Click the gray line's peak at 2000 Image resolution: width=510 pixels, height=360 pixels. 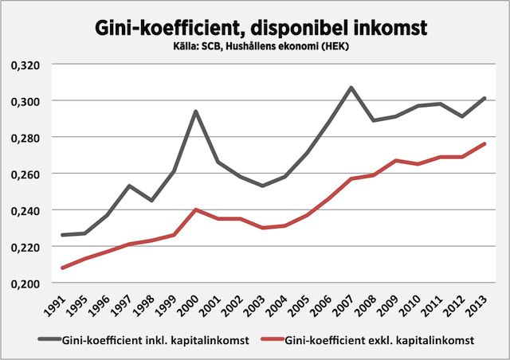(x=195, y=112)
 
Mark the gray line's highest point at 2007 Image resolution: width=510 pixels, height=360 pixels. (x=351, y=88)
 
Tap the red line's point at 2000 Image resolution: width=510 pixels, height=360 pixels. (x=195, y=209)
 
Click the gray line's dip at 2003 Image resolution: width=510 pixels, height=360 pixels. (x=262, y=186)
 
